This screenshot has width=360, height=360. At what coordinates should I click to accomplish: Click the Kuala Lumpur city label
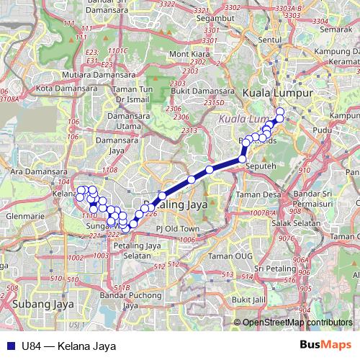(277, 94)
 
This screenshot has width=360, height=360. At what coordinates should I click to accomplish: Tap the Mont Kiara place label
(189, 54)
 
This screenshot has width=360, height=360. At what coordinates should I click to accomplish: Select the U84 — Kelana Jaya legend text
(70, 346)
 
